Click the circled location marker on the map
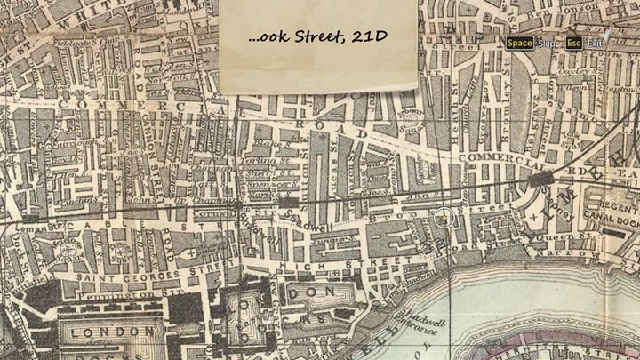(x=445, y=217)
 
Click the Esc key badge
(x=573, y=43)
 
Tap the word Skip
(x=547, y=43)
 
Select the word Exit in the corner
(x=595, y=43)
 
